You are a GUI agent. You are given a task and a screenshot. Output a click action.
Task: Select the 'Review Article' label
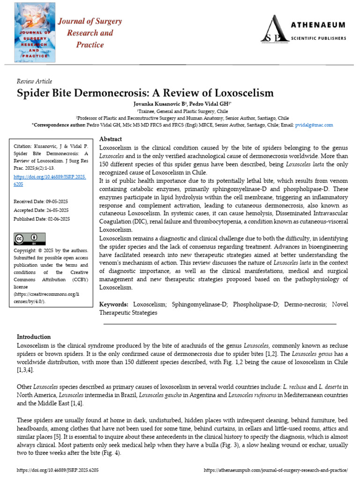[35, 81]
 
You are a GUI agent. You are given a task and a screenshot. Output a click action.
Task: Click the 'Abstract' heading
[111, 139]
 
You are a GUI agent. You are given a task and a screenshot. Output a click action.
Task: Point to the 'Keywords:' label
[115, 305]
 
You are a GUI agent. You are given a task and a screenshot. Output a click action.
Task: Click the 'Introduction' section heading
[34, 337]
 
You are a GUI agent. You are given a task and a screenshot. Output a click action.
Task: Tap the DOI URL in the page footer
[58, 470]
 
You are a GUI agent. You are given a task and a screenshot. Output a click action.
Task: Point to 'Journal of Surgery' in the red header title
[90, 22]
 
